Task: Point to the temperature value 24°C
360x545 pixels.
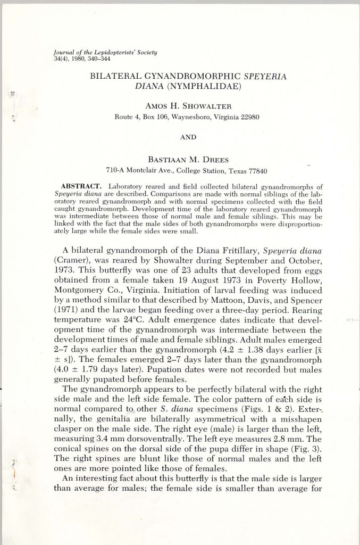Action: click(128, 321)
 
